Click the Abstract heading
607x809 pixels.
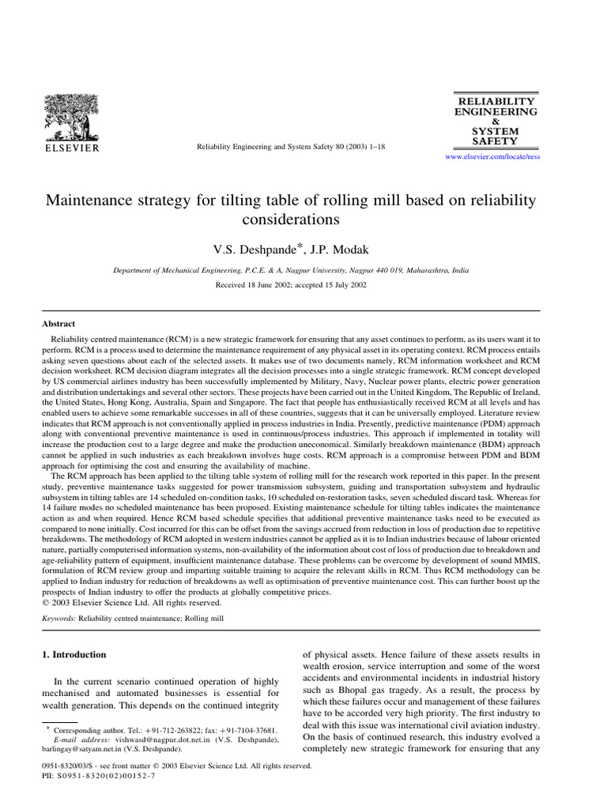[59, 324]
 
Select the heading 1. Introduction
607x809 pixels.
[78, 655]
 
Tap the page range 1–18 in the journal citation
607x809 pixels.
[373, 147]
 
